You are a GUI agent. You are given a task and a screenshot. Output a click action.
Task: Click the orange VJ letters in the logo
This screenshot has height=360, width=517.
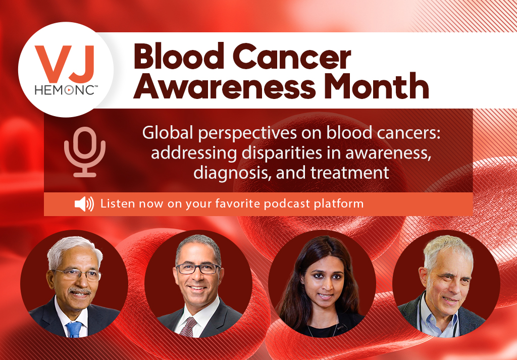(65, 64)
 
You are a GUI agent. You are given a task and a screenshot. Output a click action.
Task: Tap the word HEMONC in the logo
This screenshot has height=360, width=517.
(65, 90)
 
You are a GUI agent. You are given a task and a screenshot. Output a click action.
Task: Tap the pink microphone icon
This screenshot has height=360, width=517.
(85, 152)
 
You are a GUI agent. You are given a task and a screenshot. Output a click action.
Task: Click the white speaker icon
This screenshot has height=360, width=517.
(84, 204)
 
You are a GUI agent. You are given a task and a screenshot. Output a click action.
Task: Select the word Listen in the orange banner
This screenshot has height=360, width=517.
(118, 203)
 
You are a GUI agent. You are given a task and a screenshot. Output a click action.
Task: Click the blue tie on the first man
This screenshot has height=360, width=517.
(75, 329)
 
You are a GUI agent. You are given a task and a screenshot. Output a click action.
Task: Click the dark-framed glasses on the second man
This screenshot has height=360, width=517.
(198, 269)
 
